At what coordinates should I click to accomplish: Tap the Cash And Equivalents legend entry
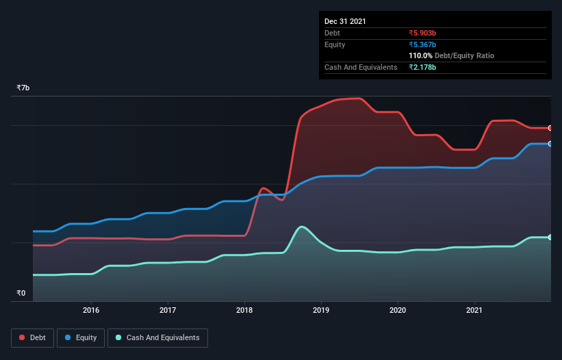(x=157, y=337)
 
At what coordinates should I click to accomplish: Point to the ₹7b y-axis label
(x=23, y=88)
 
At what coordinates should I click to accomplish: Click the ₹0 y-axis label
(x=21, y=294)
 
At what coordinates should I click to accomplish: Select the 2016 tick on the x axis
(x=91, y=310)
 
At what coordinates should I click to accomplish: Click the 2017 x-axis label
(x=168, y=310)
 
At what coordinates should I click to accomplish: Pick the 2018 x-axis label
(x=244, y=310)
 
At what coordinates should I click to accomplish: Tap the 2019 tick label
(x=321, y=310)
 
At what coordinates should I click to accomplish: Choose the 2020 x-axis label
(x=398, y=310)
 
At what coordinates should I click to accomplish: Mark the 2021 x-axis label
(x=474, y=310)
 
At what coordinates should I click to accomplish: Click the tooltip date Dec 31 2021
(x=345, y=21)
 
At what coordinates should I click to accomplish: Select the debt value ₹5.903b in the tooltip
(x=422, y=33)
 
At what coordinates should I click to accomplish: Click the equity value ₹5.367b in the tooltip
(x=422, y=44)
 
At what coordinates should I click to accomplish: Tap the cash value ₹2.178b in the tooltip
(x=422, y=67)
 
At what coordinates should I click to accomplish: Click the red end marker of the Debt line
(x=550, y=128)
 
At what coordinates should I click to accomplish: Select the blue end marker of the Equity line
(x=550, y=144)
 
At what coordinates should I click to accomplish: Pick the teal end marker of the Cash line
(x=550, y=237)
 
